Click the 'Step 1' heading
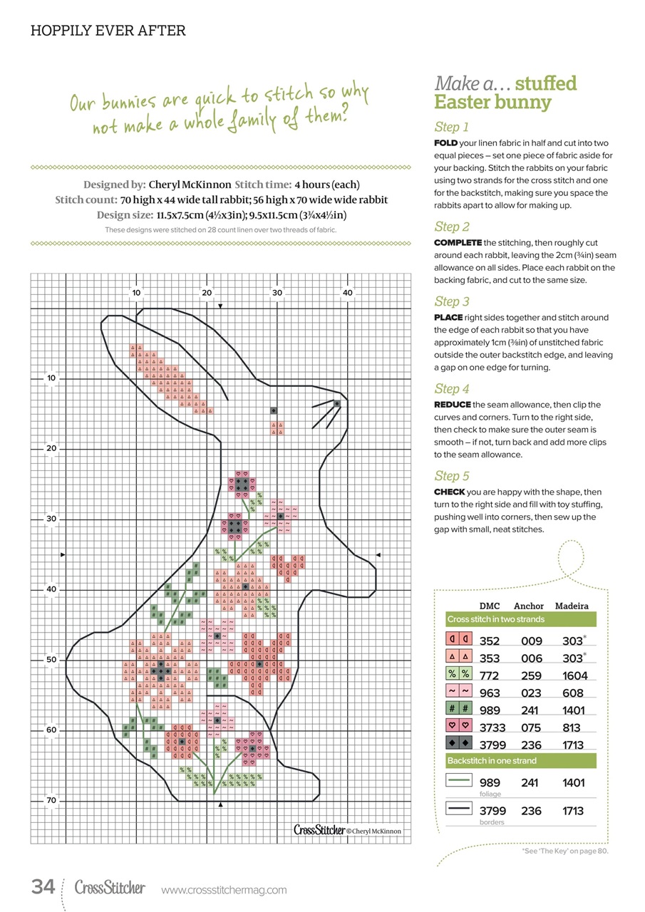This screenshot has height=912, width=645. pyautogui.click(x=451, y=127)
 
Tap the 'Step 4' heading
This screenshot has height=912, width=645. pyautogui.click(x=452, y=388)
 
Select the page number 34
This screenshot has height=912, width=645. pyautogui.click(x=43, y=887)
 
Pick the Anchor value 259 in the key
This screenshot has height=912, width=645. pyautogui.click(x=532, y=675)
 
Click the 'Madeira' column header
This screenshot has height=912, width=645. pyautogui.click(x=572, y=606)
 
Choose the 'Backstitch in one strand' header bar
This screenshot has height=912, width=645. pyautogui.click(x=492, y=761)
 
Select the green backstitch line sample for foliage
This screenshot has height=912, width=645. pyautogui.click(x=459, y=782)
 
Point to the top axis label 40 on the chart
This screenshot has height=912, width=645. pyautogui.click(x=347, y=292)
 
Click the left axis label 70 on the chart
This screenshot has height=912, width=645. pyautogui.click(x=51, y=801)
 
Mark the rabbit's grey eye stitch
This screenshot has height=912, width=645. pyautogui.click(x=274, y=410)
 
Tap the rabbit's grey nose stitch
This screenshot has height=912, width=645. pyautogui.click(x=336, y=403)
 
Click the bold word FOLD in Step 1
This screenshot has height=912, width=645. pyautogui.click(x=447, y=143)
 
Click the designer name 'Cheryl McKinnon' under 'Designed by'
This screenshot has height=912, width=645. pyautogui.click(x=190, y=185)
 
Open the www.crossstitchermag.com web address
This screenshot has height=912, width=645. pyautogui.click(x=224, y=890)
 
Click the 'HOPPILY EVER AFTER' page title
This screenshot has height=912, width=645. pyautogui.click(x=108, y=31)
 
